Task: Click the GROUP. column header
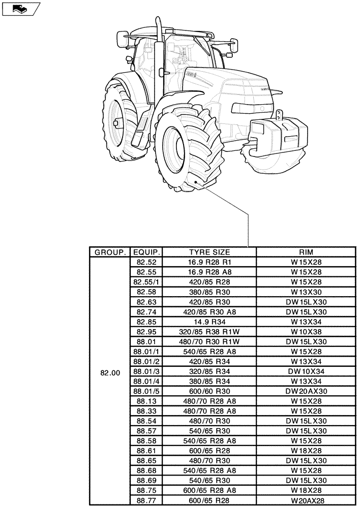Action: point(109,252)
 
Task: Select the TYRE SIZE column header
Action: point(209,252)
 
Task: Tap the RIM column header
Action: point(306,252)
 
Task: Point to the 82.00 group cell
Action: point(110,372)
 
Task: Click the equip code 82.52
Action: point(146,262)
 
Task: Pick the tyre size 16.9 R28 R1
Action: point(209,262)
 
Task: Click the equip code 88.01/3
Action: point(146,371)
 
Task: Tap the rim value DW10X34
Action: point(306,371)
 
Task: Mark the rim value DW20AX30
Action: point(306,391)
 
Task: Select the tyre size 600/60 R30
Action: point(209,391)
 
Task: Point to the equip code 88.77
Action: point(146,500)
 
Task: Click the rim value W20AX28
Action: point(306,500)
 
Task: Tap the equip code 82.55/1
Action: point(146,282)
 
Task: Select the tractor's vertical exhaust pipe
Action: point(158,56)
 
